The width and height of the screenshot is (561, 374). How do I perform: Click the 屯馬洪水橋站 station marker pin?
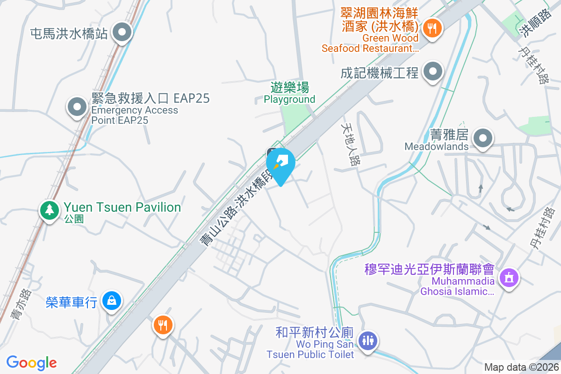[123, 33]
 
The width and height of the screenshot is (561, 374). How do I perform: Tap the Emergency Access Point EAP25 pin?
[77, 107]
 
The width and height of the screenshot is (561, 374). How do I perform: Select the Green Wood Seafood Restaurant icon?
[430, 29]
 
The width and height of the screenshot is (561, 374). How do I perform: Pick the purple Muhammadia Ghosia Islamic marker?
[509, 278]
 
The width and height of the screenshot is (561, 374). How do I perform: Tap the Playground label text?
[289, 99]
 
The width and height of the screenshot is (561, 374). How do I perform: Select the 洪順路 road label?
[530, 24]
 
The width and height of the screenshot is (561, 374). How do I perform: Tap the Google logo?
[32, 362]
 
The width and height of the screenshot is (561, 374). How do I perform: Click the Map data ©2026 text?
[520, 367]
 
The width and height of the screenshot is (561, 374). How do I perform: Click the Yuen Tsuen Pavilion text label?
[122, 207]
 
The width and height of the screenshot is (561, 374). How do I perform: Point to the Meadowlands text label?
[436, 146]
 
